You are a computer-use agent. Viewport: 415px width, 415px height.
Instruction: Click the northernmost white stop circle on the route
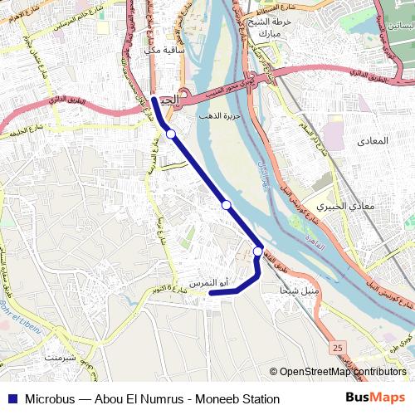pyautogui.click(x=170, y=134)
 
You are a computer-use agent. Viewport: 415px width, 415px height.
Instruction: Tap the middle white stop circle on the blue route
pyautogui.click(x=226, y=204)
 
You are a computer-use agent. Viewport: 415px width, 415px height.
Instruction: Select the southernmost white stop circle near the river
pyautogui.click(x=258, y=251)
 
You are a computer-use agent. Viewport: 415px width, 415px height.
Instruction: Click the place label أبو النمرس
pyautogui.click(x=207, y=283)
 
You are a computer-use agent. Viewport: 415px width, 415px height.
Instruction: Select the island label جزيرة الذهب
pyautogui.click(x=219, y=116)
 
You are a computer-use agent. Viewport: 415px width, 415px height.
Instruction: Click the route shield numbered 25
pyautogui.click(x=336, y=346)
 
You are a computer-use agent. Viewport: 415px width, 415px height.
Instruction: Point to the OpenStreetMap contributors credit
pyautogui.click(x=341, y=372)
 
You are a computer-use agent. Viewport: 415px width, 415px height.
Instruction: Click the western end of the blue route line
pyautogui.click(x=211, y=292)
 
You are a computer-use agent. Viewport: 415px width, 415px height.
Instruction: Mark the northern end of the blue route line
pyautogui.click(x=154, y=100)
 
